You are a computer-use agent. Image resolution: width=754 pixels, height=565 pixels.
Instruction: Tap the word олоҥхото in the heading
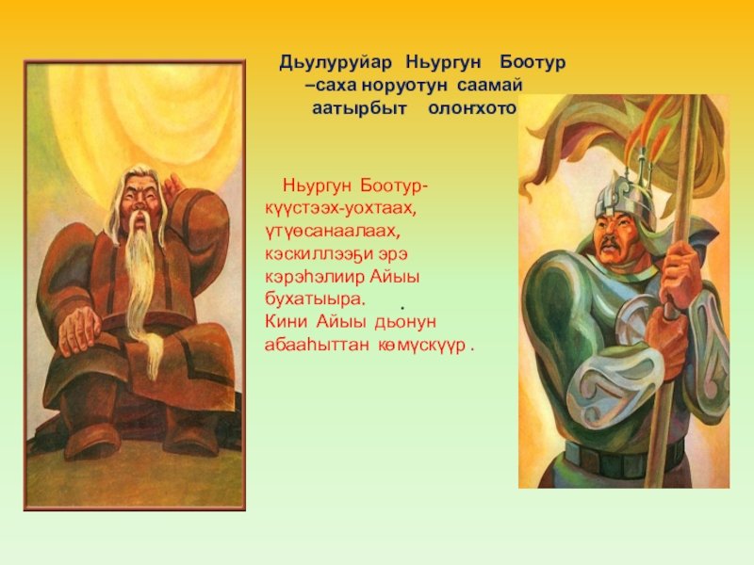(x=472, y=109)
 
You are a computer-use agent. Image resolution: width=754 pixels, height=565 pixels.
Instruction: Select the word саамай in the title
(x=489, y=86)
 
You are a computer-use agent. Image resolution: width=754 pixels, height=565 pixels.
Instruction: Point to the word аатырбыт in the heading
(x=359, y=109)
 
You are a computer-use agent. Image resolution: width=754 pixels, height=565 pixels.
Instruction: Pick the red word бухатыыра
(x=315, y=299)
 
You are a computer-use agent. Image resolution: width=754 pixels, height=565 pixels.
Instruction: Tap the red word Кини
(x=287, y=321)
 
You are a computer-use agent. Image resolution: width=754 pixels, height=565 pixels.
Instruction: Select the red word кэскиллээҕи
(x=314, y=254)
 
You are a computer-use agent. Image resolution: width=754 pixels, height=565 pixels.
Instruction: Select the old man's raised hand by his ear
(x=174, y=184)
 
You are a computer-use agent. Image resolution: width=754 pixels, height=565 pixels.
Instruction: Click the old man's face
(x=139, y=201)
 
